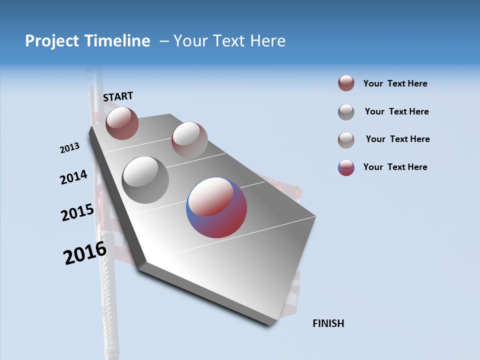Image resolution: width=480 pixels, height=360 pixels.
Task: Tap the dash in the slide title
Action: tap(164, 41)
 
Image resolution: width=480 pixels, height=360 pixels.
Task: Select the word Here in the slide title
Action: tap(267, 41)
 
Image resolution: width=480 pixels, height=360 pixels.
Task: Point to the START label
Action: tap(118, 96)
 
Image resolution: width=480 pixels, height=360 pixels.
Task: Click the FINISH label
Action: tap(328, 323)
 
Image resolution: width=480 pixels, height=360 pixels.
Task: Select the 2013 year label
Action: tap(69, 148)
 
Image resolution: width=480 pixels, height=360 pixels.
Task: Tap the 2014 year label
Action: tap(73, 177)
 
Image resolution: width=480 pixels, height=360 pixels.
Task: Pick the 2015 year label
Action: tap(77, 212)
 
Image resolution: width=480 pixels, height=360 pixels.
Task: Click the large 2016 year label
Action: tap(85, 253)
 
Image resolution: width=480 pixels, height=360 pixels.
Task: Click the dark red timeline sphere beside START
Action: tap(122, 123)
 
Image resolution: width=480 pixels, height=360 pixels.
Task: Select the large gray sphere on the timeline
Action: tap(145, 179)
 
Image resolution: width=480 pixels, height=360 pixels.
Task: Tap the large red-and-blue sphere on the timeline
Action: tap(216, 207)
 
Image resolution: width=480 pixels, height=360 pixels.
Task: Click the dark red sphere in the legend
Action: tap(346, 83)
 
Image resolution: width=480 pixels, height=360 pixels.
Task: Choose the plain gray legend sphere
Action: tap(346, 112)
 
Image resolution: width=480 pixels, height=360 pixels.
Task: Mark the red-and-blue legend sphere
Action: tap(346, 167)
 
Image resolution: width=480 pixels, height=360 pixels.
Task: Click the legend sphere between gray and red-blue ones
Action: tap(346, 140)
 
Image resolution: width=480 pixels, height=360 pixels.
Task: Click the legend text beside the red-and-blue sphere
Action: tap(395, 167)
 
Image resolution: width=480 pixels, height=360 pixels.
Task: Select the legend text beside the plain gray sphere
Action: tap(396, 111)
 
